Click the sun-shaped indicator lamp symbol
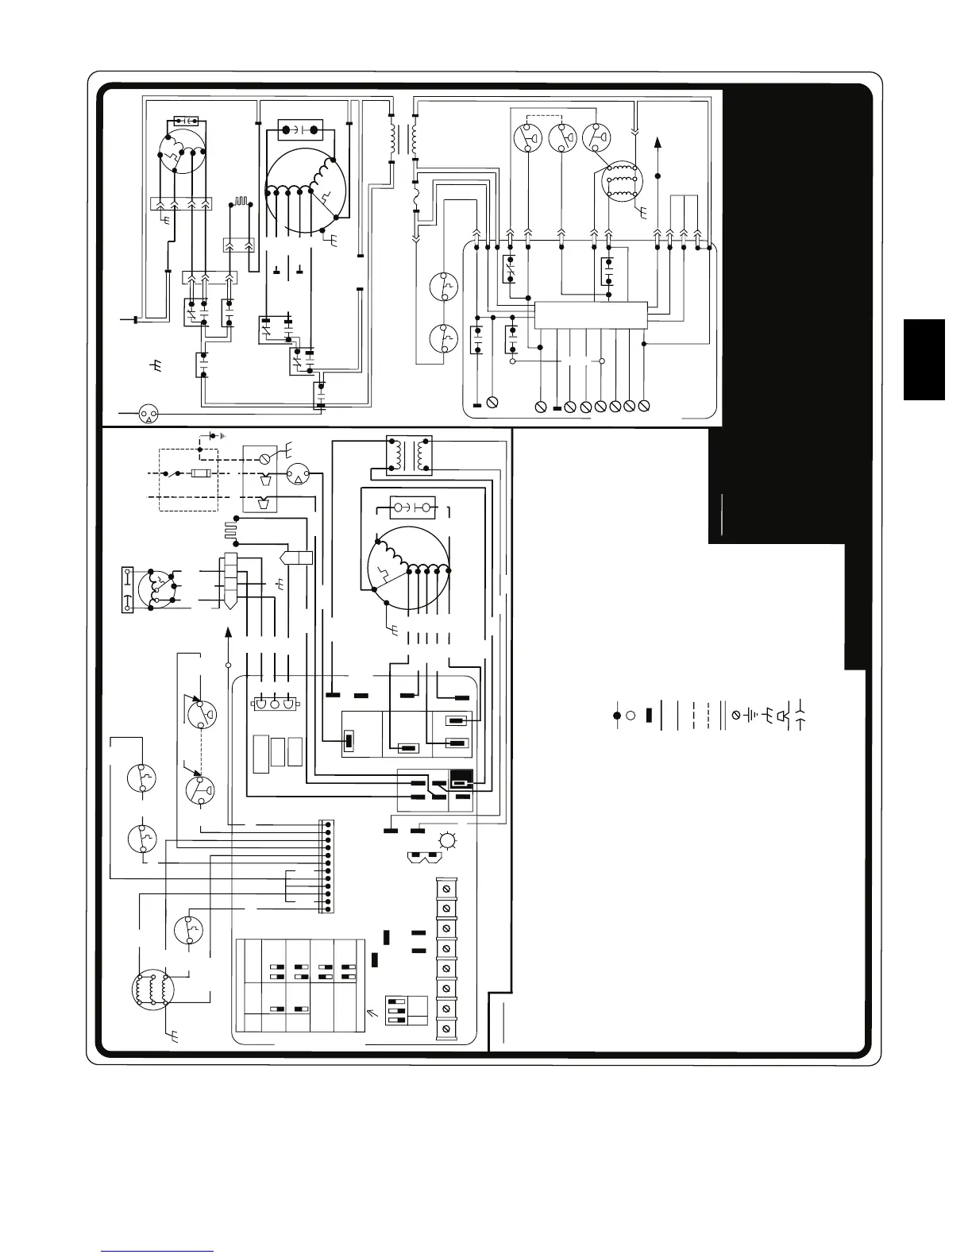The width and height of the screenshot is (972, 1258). tap(449, 840)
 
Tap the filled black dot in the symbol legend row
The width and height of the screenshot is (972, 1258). tap(617, 715)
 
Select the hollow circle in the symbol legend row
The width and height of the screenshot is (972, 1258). tap(631, 715)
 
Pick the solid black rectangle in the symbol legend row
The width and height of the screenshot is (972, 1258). tap(648, 715)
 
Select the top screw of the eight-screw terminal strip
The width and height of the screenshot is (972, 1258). tap(446, 887)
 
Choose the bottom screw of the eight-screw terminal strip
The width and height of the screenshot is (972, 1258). tap(446, 1028)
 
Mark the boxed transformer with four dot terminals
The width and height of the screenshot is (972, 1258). tap(409, 455)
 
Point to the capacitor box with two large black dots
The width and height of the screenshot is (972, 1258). tap(299, 130)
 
